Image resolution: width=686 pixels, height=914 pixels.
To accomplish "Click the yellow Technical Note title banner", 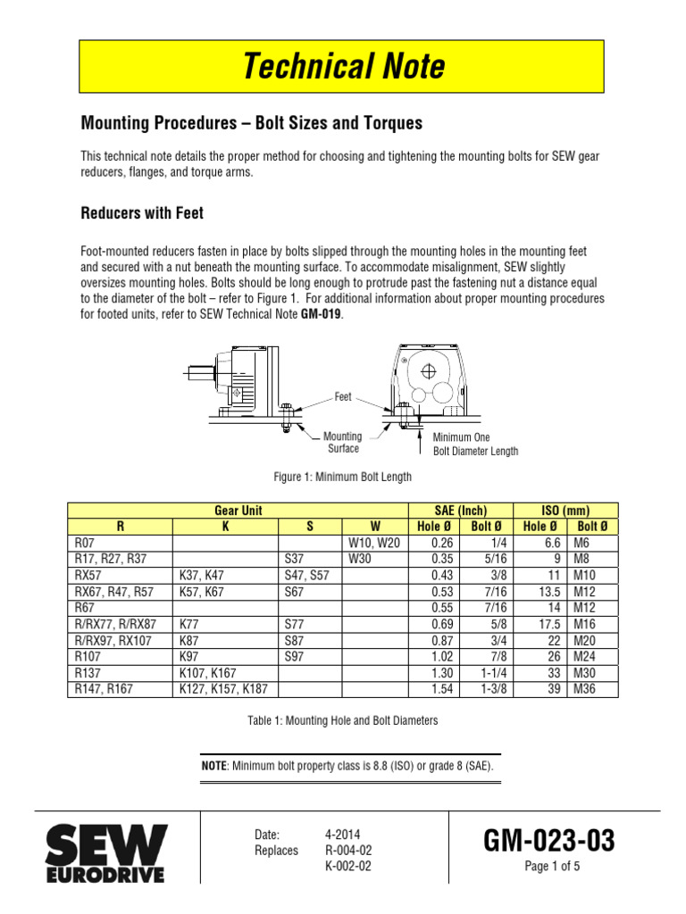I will coord(343,68).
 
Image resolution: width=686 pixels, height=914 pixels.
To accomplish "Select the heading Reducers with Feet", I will coord(143,213).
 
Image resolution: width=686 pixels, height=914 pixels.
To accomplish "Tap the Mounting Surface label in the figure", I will coord(343,443).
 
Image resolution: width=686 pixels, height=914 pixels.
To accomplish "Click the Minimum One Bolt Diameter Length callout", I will coord(475,445).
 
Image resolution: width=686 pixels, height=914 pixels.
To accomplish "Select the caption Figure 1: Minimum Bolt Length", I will coord(343,477).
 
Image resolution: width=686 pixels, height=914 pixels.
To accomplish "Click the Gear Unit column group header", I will coord(239,511).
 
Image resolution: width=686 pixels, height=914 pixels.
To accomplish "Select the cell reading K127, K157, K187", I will coord(222,689).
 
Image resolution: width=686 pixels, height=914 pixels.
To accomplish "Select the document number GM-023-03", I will coord(549,841).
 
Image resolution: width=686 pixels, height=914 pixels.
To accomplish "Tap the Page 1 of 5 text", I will coord(552,865).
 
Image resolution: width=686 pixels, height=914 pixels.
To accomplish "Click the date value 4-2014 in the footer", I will coord(344,835).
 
